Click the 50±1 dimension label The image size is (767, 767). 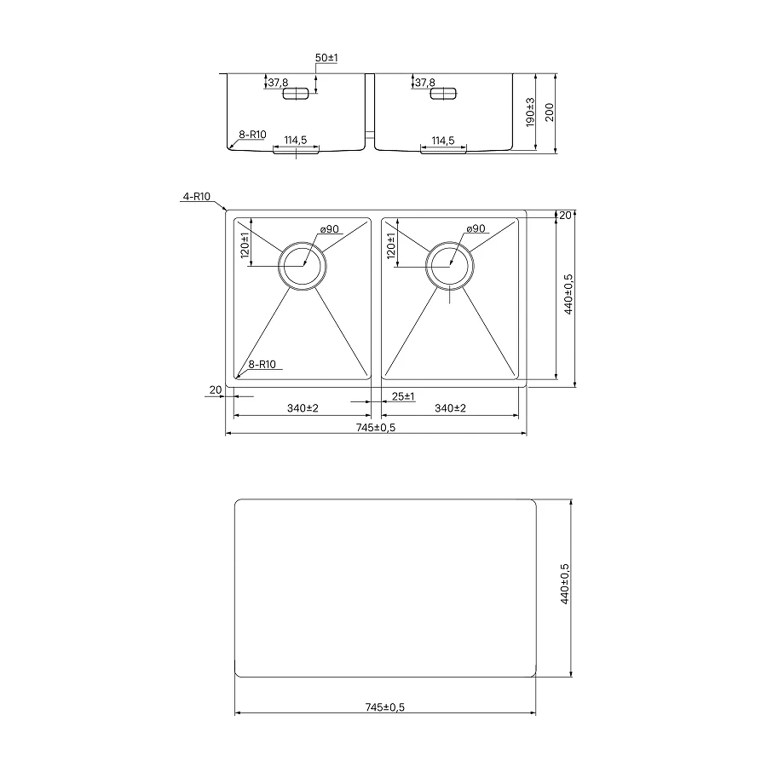click(x=326, y=58)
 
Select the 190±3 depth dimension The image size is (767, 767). click(x=530, y=112)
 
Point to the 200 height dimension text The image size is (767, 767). click(x=550, y=112)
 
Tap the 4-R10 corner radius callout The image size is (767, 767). click(x=196, y=197)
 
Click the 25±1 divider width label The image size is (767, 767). click(x=402, y=396)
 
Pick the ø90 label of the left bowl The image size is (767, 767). click(x=331, y=229)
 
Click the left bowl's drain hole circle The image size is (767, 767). click(x=302, y=265)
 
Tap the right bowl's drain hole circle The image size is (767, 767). click(x=448, y=265)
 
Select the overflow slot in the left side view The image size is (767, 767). click(x=296, y=94)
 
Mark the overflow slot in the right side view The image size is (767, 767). click(x=442, y=94)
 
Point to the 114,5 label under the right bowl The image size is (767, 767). click(x=442, y=140)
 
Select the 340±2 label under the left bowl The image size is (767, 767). click(x=302, y=409)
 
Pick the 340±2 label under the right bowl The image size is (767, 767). click(x=449, y=409)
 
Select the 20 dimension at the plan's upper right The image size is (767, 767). click(x=565, y=216)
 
